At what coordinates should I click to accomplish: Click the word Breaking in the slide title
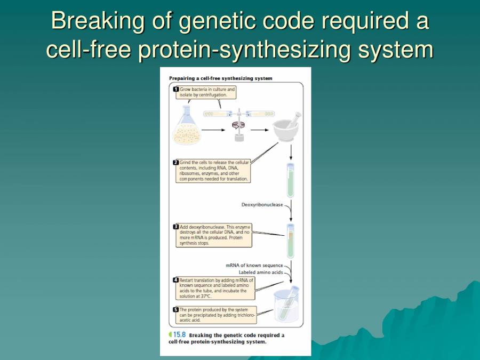click(x=91, y=21)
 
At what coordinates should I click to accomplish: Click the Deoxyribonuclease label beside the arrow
click(x=262, y=205)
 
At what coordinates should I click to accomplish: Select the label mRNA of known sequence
click(x=254, y=265)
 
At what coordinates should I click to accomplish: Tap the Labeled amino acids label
click(x=261, y=272)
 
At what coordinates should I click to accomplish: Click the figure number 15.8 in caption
click(x=179, y=335)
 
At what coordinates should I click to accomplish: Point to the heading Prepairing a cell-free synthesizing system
click(x=221, y=78)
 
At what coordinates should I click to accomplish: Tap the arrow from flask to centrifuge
click(x=213, y=130)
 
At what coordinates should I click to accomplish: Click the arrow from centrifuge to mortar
click(x=259, y=130)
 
